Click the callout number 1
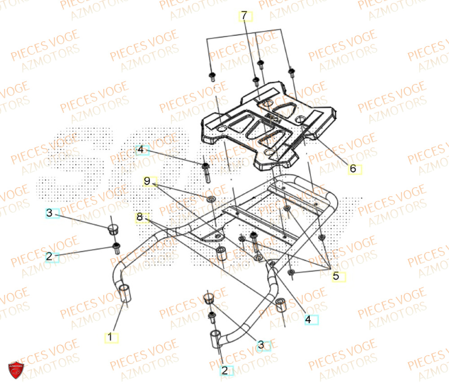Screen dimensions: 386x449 [x=111, y=337]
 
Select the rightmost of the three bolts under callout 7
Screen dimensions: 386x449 [x=291, y=71]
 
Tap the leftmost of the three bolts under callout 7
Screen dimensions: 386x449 [x=212, y=76]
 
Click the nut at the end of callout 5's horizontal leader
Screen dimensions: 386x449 [x=291, y=272]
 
